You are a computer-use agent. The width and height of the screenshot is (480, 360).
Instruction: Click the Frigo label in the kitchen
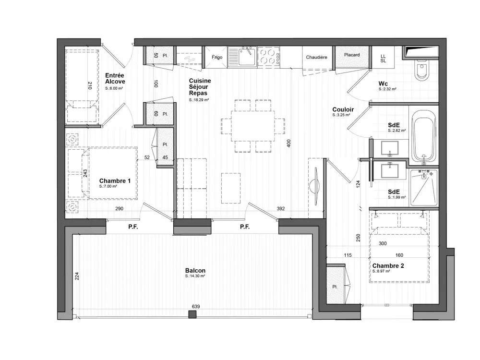217,57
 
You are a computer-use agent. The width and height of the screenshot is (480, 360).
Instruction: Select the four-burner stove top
269,56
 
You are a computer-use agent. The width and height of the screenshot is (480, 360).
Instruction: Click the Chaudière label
317,57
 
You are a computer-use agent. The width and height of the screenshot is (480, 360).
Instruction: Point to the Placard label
352,55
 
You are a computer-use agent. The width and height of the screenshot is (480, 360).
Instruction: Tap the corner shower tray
423,188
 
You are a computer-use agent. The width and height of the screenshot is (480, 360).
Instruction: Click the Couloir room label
343,110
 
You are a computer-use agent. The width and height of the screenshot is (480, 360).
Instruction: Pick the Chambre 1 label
115,181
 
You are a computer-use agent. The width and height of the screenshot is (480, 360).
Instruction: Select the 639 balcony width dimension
195,307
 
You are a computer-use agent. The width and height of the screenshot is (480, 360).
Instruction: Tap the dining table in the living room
253,125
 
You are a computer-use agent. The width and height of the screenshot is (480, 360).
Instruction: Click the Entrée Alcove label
115,78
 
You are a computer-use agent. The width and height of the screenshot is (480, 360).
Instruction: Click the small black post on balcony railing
192,314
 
